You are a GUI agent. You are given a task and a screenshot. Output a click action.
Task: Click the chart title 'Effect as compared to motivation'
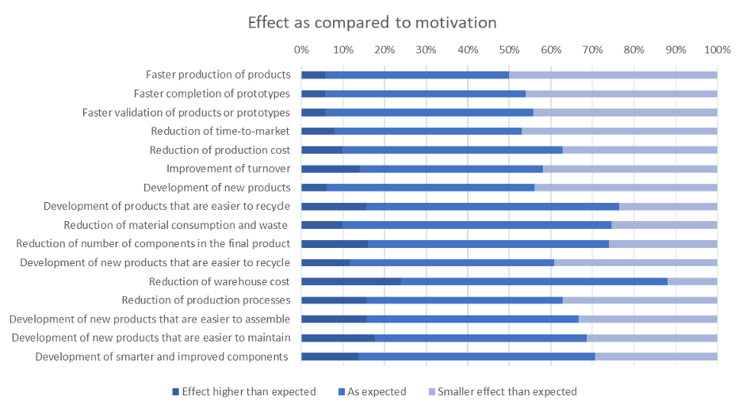[x=372, y=22]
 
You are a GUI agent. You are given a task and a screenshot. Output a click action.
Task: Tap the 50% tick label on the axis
[x=509, y=50]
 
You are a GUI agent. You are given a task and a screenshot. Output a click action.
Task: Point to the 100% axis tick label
[x=717, y=50]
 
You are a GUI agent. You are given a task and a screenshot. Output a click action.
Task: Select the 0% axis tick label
[x=301, y=50]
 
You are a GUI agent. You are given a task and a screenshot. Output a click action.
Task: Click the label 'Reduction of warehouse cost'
[x=219, y=281]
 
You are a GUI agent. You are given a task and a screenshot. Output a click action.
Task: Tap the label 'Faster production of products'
[x=218, y=74]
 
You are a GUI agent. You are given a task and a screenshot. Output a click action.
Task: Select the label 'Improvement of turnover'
[x=228, y=169]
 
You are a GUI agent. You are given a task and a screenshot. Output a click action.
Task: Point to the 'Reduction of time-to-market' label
[x=220, y=131]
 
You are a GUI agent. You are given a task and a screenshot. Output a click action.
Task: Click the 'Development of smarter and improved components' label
[x=161, y=357]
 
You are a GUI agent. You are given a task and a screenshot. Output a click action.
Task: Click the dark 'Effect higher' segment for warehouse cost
[x=350, y=281]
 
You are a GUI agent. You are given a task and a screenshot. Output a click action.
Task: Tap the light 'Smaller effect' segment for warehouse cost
[x=692, y=281]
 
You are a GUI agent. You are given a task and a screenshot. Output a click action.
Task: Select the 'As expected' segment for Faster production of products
[x=417, y=74]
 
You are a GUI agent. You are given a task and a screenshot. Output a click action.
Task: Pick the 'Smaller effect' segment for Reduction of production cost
[x=640, y=150]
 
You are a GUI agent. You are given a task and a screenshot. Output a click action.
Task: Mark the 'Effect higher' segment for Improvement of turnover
[x=331, y=169]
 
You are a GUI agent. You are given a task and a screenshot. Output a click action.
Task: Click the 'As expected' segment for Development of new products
[x=430, y=188]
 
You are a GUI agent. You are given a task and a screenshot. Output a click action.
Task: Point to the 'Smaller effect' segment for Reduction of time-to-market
[x=619, y=131]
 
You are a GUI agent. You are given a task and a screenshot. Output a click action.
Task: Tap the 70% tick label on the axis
[x=592, y=50]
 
